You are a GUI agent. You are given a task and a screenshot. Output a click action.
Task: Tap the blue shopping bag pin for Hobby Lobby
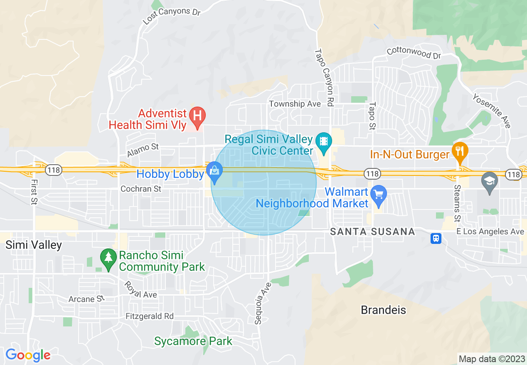[215, 171]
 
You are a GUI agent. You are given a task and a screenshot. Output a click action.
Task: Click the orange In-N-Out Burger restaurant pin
[459, 151]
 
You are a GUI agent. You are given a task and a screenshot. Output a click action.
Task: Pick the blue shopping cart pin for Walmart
[379, 195]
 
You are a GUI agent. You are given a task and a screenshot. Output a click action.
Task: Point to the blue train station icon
[436, 238]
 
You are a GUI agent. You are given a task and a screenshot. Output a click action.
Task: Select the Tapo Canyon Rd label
[324, 77]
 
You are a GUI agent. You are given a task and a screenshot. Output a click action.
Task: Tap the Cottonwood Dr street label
[413, 53]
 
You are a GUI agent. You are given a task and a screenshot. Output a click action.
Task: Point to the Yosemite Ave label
[491, 110]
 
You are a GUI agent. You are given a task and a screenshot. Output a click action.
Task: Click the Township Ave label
[295, 104]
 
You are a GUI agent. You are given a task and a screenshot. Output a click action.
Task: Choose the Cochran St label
[141, 189]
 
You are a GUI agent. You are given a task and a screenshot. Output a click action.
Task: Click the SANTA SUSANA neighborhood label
[373, 232]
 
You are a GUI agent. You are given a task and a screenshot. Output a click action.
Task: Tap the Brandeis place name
[383, 310]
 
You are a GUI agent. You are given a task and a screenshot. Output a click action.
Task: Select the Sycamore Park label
[193, 341]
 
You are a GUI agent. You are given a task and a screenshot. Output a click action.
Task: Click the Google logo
[28, 355]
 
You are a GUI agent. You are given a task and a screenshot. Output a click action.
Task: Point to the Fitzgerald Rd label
[150, 316]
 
